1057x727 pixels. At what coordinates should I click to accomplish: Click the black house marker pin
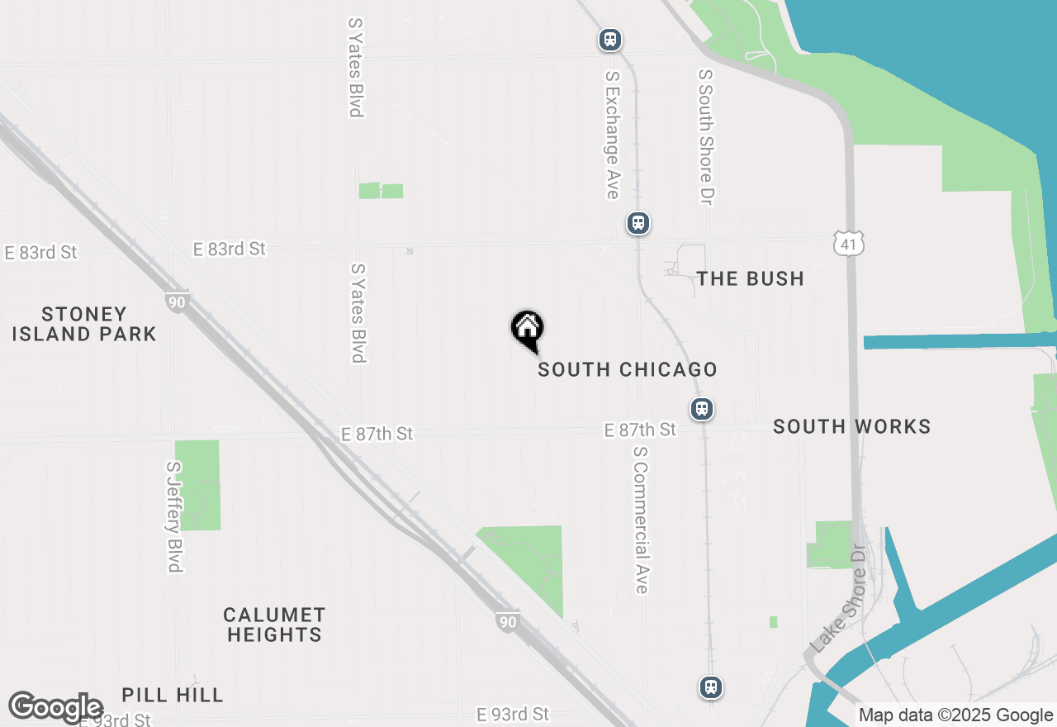527,329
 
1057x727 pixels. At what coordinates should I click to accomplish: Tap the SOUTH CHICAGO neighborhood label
627,369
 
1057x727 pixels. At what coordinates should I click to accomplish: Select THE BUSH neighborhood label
750,278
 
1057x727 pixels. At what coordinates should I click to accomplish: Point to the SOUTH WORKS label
851,426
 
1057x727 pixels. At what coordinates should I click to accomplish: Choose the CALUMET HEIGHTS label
275,625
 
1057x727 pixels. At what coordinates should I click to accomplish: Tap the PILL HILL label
173,695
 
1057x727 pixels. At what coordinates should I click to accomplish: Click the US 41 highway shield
848,243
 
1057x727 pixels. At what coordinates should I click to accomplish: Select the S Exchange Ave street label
612,134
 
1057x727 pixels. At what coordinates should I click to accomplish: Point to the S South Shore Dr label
705,136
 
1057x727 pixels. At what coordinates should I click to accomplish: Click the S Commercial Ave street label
641,520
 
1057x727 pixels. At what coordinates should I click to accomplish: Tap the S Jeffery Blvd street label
173,516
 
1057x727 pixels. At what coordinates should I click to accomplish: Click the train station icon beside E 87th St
702,408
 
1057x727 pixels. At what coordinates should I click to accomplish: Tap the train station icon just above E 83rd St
638,223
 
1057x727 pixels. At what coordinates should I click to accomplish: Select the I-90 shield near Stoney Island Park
177,301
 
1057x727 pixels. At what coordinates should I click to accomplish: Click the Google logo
56,707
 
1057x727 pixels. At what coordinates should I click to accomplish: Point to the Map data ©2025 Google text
955,715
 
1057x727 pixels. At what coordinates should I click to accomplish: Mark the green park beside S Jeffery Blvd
197,485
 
